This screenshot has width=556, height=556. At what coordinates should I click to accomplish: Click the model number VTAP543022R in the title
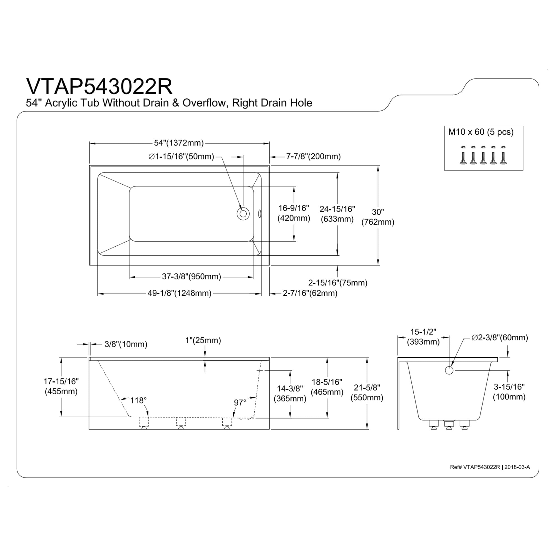point(99,86)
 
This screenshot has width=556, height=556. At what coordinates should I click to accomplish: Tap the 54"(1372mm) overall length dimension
point(179,143)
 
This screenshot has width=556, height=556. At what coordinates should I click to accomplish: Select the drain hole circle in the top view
point(243,214)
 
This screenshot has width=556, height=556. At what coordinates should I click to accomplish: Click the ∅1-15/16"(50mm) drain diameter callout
point(181,157)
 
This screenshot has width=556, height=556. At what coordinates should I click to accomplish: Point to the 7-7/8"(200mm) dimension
point(313,157)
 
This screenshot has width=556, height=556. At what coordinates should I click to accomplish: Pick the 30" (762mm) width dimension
point(378,217)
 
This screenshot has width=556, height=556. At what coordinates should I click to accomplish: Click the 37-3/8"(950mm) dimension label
point(191,277)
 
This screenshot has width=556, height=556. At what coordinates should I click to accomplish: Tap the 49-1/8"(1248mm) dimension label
point(179,293)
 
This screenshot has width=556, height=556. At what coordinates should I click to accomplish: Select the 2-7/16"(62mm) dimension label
point(310,293)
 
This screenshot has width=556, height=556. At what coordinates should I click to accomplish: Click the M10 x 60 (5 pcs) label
point(481,132)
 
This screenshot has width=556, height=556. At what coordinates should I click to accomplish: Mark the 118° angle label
point(138,400)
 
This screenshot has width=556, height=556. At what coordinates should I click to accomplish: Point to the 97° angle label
point(240,402)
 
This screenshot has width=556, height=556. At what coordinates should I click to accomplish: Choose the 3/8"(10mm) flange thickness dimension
point(126,344)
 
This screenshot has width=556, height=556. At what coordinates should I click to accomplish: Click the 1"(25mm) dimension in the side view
point(203,341)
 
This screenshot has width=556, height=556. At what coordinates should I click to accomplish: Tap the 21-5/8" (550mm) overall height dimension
point(367,393)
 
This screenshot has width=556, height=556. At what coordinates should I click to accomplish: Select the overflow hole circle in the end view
point(449,370)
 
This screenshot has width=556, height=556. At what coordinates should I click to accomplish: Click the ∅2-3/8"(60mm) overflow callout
point(500,337)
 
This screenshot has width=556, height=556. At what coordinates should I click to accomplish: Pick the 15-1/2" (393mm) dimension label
point(423,337)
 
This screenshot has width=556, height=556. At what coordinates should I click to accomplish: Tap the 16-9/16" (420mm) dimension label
point(294,213)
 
